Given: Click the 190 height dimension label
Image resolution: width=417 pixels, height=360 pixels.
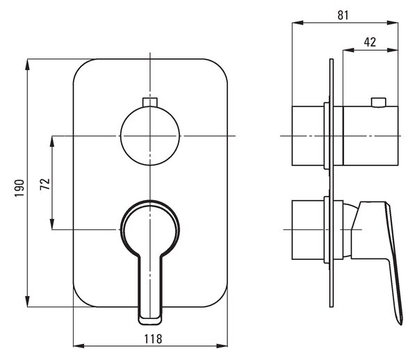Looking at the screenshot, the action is click(19, 188).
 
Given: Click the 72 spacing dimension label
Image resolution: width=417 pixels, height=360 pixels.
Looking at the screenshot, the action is click(45, 184).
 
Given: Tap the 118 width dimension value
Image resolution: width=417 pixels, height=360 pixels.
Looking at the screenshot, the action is click(153, 339).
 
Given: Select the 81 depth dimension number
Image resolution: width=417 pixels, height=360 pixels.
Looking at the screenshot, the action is click(343, 15).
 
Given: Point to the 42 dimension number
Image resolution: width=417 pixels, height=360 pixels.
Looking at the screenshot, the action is click(370, 42).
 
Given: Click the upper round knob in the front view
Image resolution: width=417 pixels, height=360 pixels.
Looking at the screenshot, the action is click(150, 136).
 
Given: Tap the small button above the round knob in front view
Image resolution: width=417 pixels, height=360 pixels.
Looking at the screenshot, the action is click(150, 102).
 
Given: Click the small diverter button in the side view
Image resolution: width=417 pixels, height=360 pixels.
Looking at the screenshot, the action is click(379, 102).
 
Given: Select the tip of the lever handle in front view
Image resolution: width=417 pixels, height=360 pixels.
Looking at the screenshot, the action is click(150, 321).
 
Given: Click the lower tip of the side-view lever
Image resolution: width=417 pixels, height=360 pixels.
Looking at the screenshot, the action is click(400, 323).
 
